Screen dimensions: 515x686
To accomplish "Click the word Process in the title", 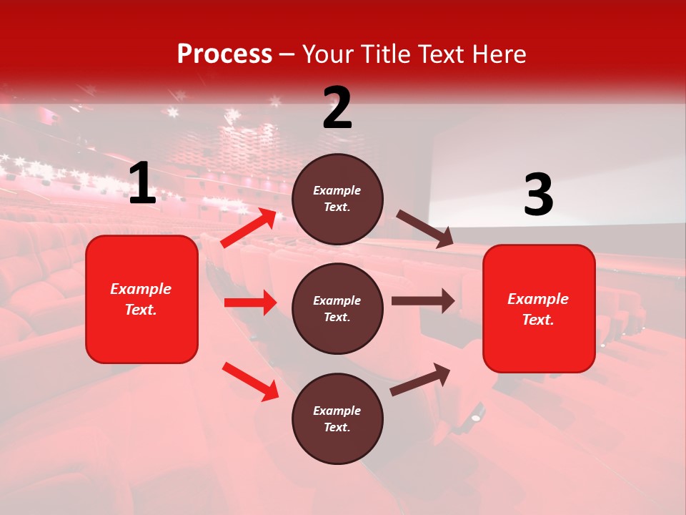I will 224,54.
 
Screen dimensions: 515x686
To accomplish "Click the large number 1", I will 142,184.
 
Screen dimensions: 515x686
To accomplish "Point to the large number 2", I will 337,108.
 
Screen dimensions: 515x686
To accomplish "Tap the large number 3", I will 538,195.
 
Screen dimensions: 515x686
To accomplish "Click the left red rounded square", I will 141,299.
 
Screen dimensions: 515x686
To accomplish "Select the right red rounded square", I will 539,308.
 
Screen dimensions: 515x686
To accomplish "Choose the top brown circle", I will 337,198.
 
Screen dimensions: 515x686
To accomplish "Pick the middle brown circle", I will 337,308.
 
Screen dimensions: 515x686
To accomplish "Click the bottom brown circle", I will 337,418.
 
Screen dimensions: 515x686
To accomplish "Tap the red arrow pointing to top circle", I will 249,228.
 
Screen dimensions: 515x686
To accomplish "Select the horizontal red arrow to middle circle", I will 250,303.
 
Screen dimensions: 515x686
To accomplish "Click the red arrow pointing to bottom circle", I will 250,381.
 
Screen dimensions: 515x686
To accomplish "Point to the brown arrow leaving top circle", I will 424,229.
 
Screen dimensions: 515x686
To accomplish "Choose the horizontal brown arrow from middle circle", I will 422,300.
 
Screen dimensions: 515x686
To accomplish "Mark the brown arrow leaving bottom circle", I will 420,379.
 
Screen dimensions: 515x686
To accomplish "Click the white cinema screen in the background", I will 557,179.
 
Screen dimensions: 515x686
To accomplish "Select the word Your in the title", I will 329,54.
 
